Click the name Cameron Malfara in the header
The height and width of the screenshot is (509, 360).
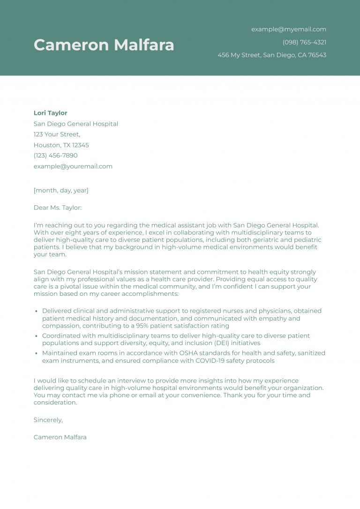click(104, 45)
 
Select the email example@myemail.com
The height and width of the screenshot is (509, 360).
click(288, 29)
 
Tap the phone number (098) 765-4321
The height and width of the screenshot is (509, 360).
click(304, 42)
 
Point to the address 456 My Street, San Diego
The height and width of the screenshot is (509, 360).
click(271, 55)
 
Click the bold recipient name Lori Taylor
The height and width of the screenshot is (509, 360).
click(50, 113)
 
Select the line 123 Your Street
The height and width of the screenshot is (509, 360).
click(57, 135)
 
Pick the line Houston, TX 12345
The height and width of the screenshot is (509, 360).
click(61, 145)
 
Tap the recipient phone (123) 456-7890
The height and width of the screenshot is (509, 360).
click(55, 155)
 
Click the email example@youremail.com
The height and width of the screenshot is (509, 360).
click(73, 166)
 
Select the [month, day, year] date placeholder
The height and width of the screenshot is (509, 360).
click(61, 190)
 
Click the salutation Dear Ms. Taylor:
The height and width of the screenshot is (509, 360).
click(57, 208)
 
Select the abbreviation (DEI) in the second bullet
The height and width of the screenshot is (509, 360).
click(209, 343)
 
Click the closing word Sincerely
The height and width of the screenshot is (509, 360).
click(48, 420)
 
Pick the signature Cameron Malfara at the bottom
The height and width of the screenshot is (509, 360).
click(60, 437)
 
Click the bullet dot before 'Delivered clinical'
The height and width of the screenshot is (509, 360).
click(37, 311)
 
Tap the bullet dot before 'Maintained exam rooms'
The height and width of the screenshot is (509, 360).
click(37, 353)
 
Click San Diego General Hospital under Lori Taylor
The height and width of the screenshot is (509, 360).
click(75, 124)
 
